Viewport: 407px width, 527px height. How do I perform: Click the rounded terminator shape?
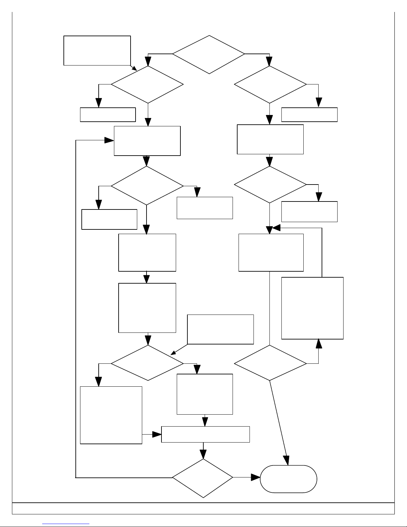coord(288,478)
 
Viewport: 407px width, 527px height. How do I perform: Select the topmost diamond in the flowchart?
coord(209,54)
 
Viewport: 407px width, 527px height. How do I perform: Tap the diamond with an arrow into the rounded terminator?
coord(203,478)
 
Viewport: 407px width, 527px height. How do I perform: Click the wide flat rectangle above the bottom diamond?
coord(205,434)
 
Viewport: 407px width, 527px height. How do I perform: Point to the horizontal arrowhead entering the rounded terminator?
coord(255,477)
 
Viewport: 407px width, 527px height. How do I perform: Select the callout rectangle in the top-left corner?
coord(97,50)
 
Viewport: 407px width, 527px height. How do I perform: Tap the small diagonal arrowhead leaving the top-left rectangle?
coord(135,68)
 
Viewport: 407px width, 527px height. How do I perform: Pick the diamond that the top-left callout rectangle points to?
coord(147,84)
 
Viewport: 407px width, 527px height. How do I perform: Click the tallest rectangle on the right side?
coord(312,308)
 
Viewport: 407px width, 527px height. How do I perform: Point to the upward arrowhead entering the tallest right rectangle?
coord(319,343)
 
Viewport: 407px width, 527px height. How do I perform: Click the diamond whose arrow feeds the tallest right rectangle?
coord(270,363)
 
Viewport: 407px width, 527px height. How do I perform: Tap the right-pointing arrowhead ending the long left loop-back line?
coord(109,140)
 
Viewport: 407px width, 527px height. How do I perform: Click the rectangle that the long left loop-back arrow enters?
coord(147,141)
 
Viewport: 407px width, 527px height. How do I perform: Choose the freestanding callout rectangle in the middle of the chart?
coord(220,329)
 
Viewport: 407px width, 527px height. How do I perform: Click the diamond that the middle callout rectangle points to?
coord(147,363)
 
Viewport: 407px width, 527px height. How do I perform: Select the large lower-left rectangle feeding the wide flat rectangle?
coord(111,415)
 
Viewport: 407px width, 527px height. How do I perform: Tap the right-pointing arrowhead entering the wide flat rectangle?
coord(157,434)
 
